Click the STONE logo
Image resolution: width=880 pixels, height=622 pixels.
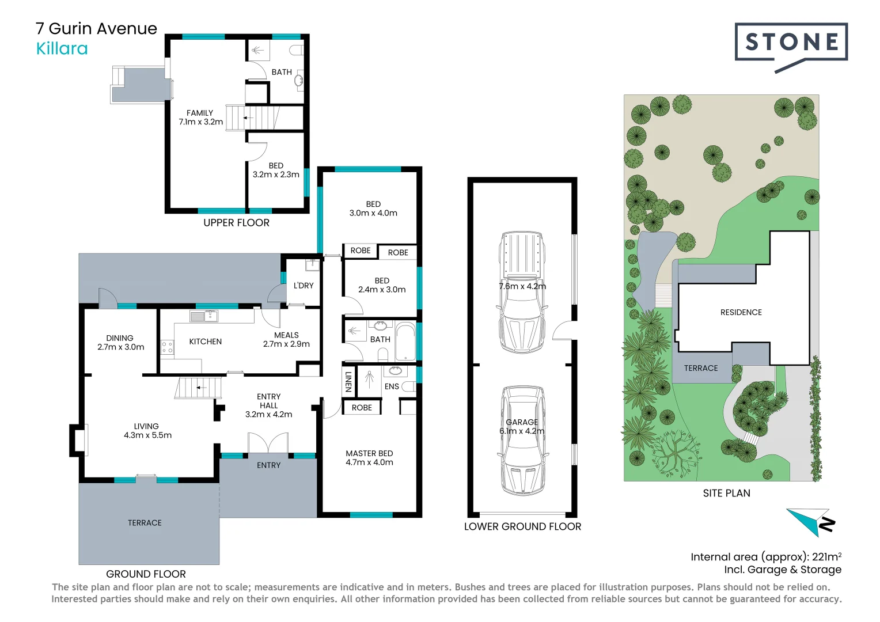(x=791, y=47)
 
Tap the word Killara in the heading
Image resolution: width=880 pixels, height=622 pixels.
(x=62, y=49)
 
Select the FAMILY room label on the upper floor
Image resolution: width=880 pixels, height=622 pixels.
(x=200, y=113)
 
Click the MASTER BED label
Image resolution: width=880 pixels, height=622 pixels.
(x=369, y=453)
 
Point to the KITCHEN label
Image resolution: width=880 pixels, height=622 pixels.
(x=206, y=342)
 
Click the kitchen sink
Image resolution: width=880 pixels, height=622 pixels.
(x=203, y=316)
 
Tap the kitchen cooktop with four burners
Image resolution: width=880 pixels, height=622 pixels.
(x=167, y=347)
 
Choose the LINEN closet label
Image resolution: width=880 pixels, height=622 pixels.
(x=348, y=381)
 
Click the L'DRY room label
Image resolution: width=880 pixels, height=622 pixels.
(x=304, y=286)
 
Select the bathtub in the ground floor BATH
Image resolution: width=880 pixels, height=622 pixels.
(x=405, y=341)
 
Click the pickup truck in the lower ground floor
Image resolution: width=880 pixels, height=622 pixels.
(x=522, y=291)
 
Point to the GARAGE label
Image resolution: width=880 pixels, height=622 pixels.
(x=522, y=422)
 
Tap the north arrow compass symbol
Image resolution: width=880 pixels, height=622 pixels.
(x=811, y=522)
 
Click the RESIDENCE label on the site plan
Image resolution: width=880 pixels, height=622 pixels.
(x=741, y=312)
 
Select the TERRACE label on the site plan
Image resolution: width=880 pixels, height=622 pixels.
(x=701, y=368)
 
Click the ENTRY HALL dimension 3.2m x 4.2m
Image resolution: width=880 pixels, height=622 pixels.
(x=269, y=415)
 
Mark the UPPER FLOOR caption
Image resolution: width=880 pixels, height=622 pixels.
(x=237, y=223)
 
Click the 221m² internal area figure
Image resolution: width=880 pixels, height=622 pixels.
(x=827, y=556)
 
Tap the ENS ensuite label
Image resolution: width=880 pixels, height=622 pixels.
(x=392, y=386)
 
